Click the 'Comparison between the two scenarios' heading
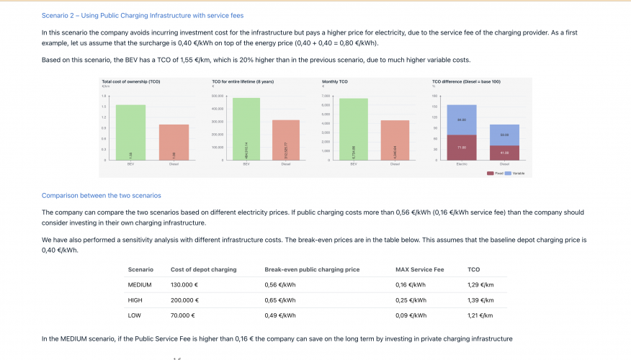pos(102,195)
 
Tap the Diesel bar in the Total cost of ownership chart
pos(174,142)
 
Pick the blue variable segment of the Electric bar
pos(462,120)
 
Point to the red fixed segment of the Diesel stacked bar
pos(504,153)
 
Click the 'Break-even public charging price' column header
pos(312,269)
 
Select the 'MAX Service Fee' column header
pos(419,269)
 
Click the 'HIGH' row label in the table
pos(135,300)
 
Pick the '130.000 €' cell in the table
pos(184,285)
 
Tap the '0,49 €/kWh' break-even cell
pos(280,315)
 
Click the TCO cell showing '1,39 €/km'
pos(480,300)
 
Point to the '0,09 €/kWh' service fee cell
pos(411,315)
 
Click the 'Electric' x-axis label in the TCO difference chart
pos(462,164)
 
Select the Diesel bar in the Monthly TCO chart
pos(395,140)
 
